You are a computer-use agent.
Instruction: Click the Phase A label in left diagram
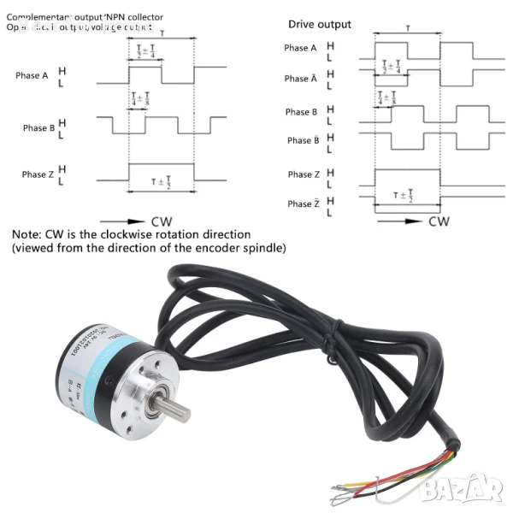point(32,75)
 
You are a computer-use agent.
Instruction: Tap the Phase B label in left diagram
point(34,128)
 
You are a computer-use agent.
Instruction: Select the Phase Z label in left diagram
point(34,174)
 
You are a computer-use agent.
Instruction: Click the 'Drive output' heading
point(319,25)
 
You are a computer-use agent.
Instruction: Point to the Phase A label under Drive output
point(299,48)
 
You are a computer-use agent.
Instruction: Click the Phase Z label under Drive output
point(300,174)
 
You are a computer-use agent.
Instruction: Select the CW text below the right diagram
point(439,221)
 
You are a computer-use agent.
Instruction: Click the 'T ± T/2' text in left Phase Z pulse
point(161,183)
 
